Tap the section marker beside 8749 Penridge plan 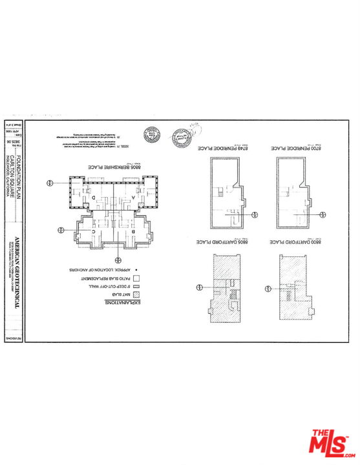pos(257,214)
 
